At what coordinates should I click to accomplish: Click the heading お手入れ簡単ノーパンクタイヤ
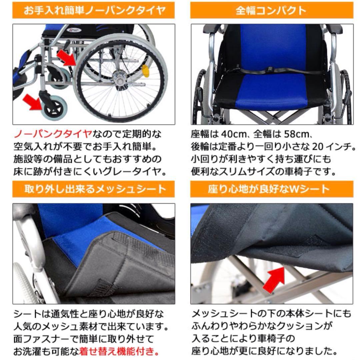[x=94, y=10]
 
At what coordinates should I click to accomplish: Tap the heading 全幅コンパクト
[x=271, y=10]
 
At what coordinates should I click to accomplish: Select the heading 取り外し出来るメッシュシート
[x=94, y=189]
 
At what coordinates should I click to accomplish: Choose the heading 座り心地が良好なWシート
[x=271, y=189]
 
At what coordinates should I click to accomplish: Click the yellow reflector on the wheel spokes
[x=146, y=71]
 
